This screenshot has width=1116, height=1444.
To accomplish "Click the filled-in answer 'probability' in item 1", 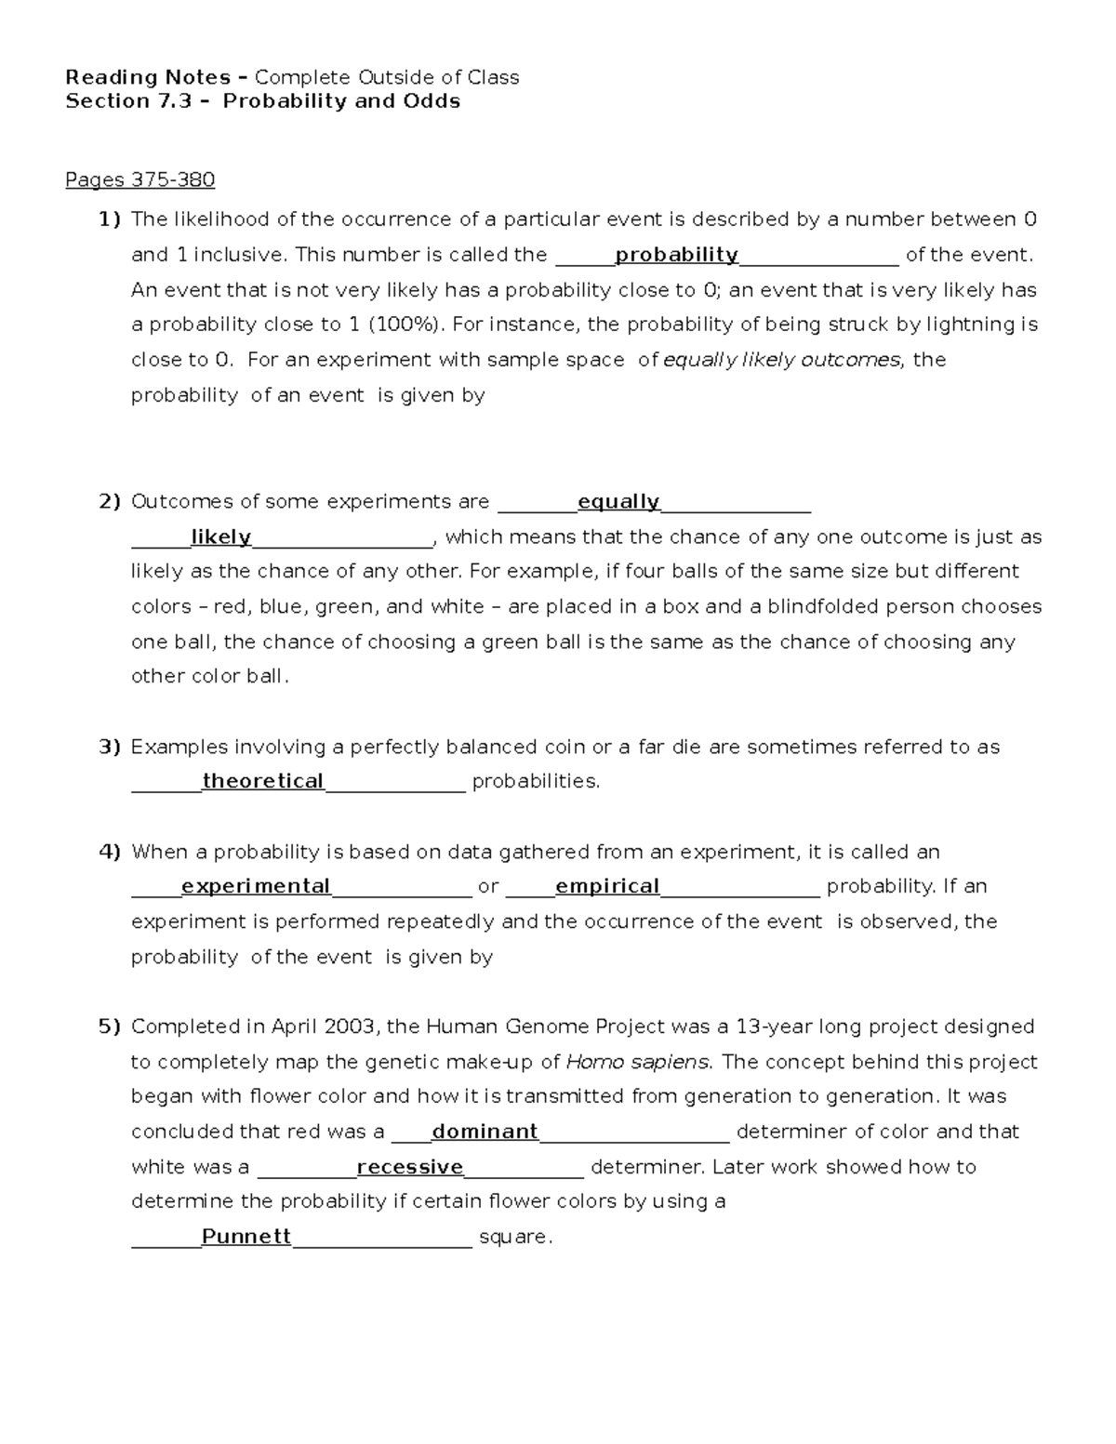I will pyautogui.click(x=676, y=255).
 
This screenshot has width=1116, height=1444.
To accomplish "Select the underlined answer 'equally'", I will pyautogui.click(x=618, y=502).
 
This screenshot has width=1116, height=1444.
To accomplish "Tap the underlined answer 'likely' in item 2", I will pyautogui.click(x=220, y=537).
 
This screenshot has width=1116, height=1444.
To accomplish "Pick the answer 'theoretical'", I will pyautogui.click(x=263, y=781).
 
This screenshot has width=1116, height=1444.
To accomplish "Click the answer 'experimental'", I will pyautogui.click(x=256, y=886).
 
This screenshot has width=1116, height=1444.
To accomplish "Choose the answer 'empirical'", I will pyautogui.click(x=607, y=886).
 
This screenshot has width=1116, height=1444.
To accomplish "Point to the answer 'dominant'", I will pyautogui.click(x=485, y=1132).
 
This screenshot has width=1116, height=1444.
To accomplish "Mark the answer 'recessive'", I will pyautogui.click(x=410, y=1167).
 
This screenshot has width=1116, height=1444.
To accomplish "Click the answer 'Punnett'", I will pyautogui.click(x=246, y=1237).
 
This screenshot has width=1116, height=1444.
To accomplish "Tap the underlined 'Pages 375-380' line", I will pyautogui.click(x=139, y=179).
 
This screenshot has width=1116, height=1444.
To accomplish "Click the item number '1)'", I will pyautogui.click(x=110, y=219).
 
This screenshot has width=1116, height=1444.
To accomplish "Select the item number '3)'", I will pyautogui.click(x=110, y=747).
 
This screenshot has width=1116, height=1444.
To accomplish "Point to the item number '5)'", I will pyautogui.click(x=110, y=1027).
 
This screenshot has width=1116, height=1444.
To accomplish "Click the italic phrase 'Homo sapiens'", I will pyautogui.click(x=638, y=1062).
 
